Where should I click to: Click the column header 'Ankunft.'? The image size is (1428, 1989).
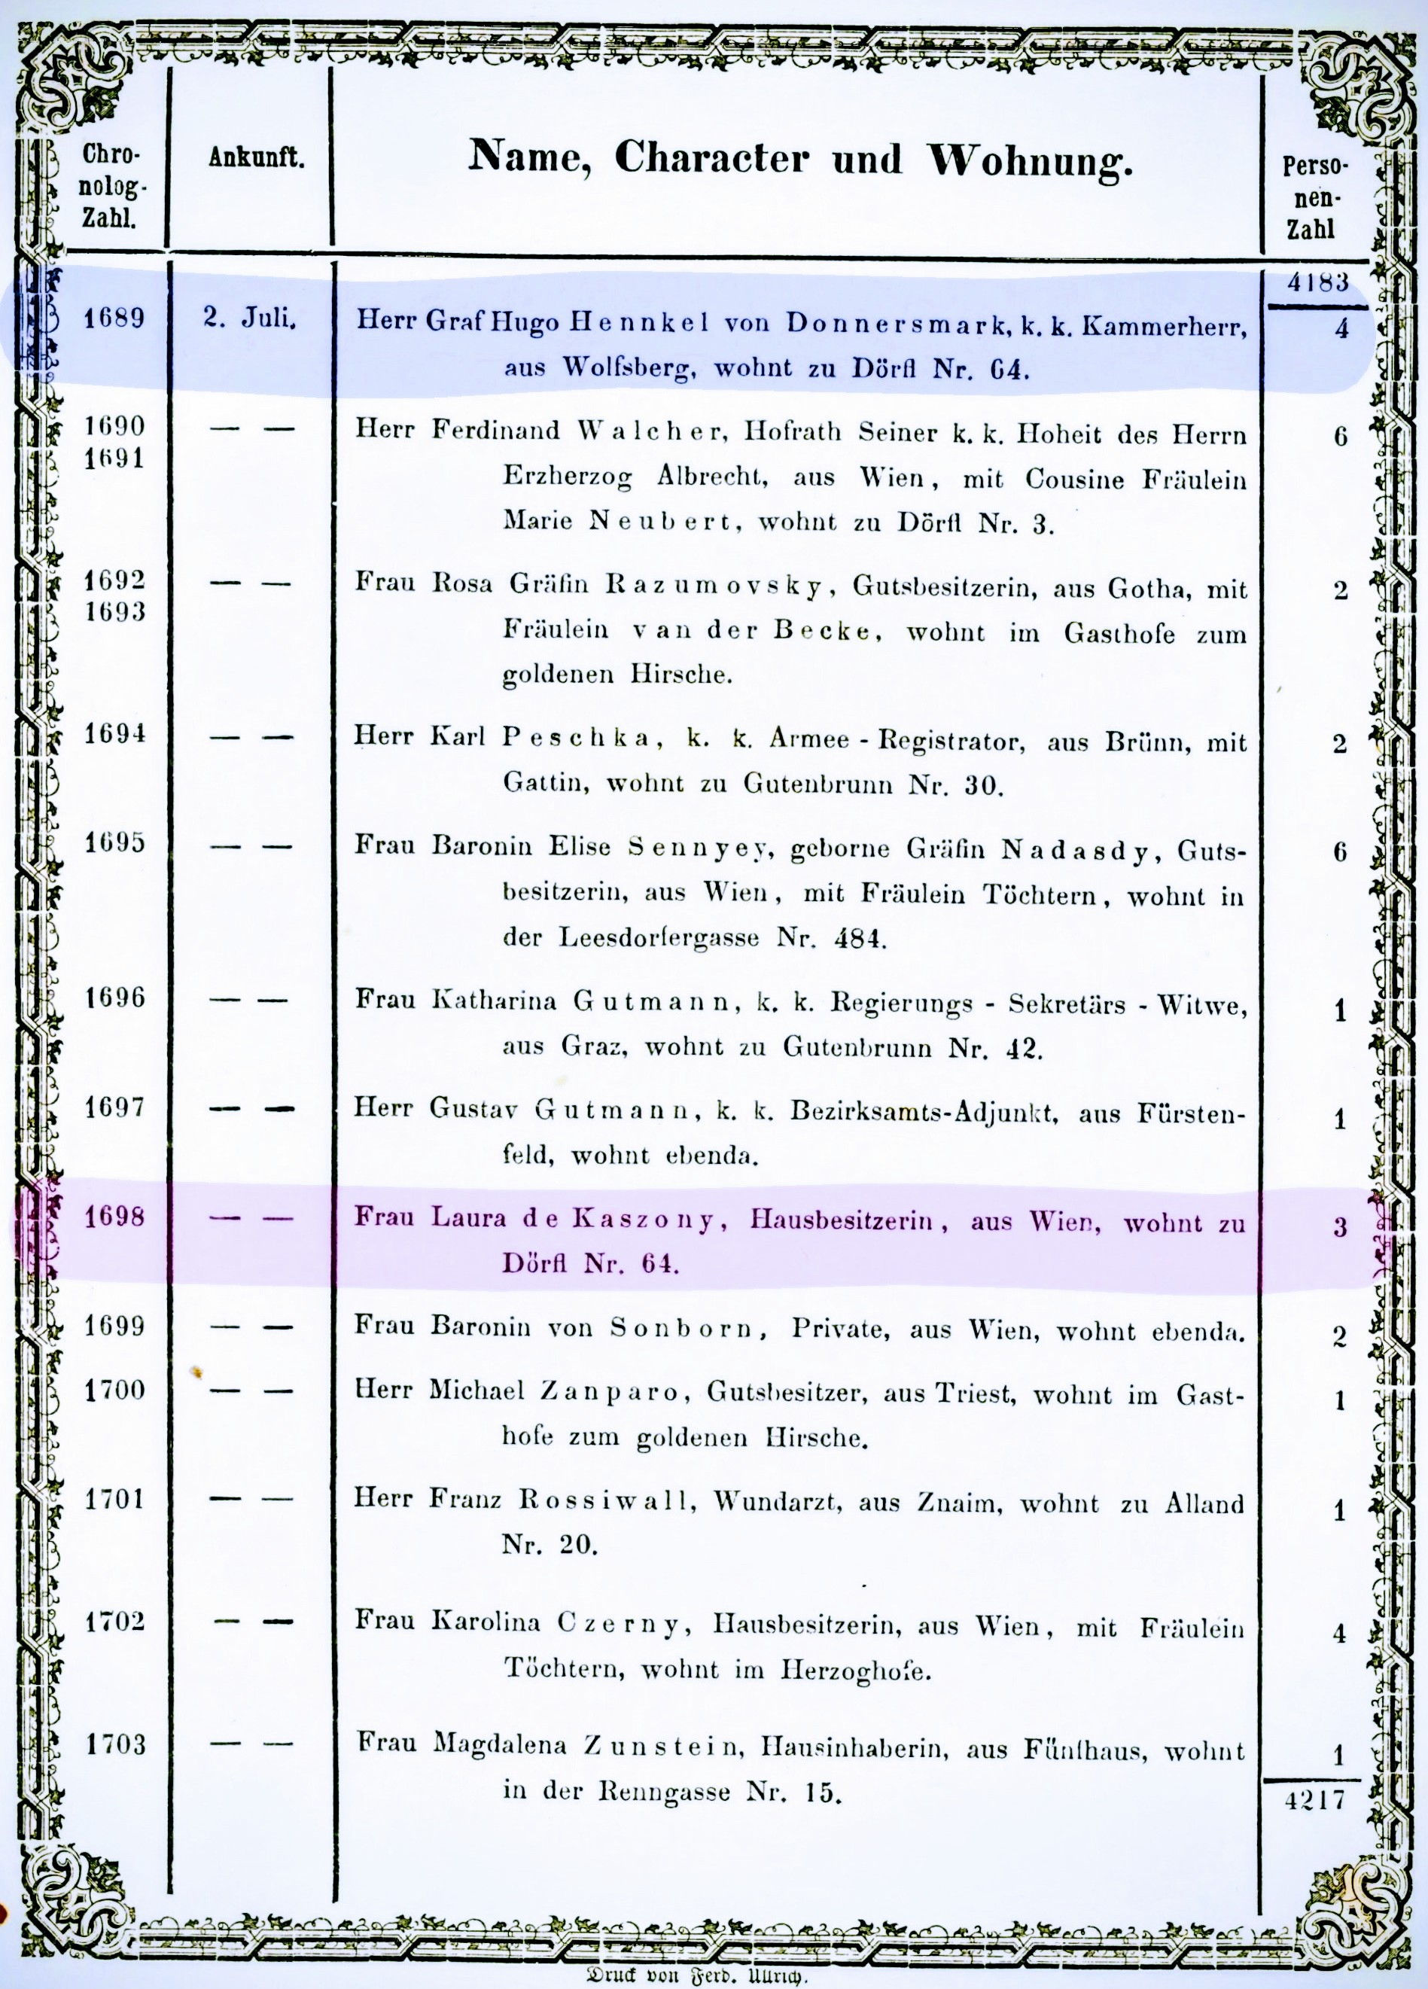point(256,159)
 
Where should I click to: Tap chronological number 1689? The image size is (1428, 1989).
point(114,318)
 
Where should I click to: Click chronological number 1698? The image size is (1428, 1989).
point(114,1217)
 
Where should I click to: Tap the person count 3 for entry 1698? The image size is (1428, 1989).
point(1339,1226)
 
